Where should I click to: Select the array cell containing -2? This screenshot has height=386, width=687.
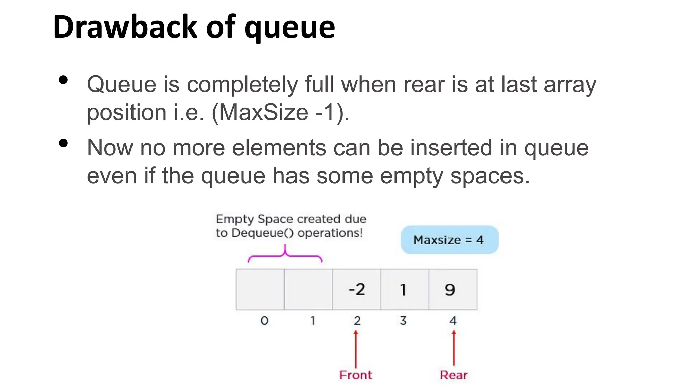click(x=356, y=289)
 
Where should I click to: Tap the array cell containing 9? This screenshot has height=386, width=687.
click(x=453, y=289)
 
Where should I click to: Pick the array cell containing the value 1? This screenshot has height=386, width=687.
click(x=405, y=289)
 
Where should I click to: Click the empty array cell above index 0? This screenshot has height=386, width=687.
click(x=260, y=289)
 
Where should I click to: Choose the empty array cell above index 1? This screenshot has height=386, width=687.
click(x=308, y=289)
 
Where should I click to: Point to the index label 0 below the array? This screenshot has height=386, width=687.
click(x=264, y=321)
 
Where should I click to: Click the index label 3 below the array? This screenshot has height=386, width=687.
click(x=403, y=321)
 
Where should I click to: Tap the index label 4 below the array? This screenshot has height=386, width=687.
click(x=453, y=321)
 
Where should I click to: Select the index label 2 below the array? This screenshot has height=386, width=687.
click(x=357, y=321)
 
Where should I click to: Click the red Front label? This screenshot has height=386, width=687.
click(x=356, y=375)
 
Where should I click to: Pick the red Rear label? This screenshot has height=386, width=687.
click(x=454, y=375)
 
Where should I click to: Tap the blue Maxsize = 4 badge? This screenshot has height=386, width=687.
click(x=450, y=240)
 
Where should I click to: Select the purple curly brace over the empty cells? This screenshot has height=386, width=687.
click(x=285, y=255)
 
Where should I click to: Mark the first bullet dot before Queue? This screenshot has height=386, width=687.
click(x=63, y=80)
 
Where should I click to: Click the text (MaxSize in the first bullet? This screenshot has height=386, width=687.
click(x=260, y=112)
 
